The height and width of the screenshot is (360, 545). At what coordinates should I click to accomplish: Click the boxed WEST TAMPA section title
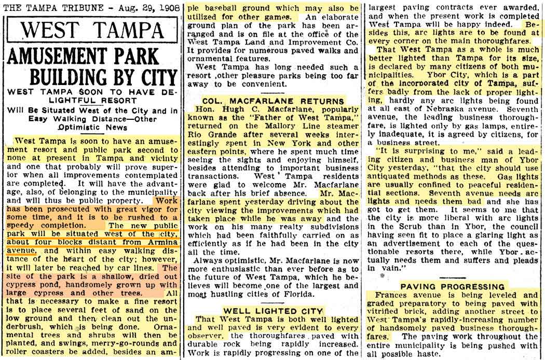pos(90,29)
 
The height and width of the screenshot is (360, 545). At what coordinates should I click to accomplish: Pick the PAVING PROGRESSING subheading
pos(452,286)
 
